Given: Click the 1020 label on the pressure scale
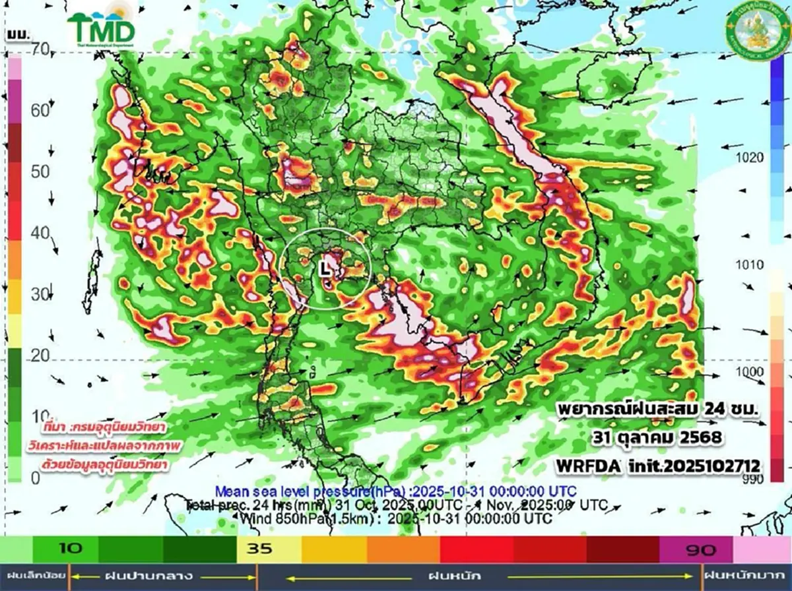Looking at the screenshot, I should point(750,158).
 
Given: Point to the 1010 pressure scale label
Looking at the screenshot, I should point(750,265).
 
